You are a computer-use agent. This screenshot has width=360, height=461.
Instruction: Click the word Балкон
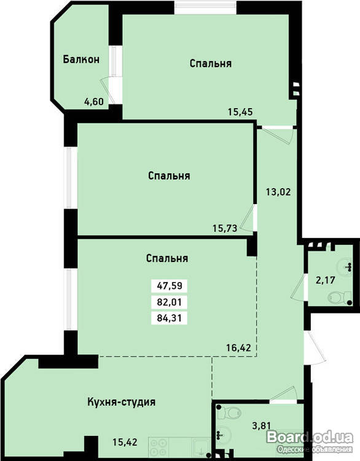pyautogui.click(x=81, y=60)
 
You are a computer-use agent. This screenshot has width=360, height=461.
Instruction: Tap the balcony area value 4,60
pyautogui.click(x=94, y=101)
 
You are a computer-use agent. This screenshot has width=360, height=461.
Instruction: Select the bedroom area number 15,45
pyautogui.click(x=240, y=112)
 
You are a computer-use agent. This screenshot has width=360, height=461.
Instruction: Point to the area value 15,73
pyautogui.click(x=225, y=228)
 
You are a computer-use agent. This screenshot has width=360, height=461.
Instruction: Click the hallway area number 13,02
pyautogui.click(x=278, y=192)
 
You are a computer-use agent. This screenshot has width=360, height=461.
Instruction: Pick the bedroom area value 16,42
pyautogui.click(x=238, y=348)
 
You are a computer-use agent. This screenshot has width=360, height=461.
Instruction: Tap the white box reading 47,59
pyautogui.click(x=170, y=286)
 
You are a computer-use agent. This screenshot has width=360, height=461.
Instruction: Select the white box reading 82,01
pyautogui.click(x=170, y=302)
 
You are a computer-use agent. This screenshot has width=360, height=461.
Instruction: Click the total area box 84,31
pyautogui.click(x=170, y=318)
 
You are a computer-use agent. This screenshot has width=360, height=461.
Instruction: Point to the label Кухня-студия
pyautogui.click(x=122, y=401)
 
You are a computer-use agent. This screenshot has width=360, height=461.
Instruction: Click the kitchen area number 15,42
pyautogui.click(x=125, y=441)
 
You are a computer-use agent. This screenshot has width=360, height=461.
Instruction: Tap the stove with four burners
pyautogui.click(x=158, y=447)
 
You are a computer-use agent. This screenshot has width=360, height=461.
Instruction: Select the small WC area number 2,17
pyautogui.click(x=326, y=280)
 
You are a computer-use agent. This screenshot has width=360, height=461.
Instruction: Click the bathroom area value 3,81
pyautogui.click(x=262, y=425)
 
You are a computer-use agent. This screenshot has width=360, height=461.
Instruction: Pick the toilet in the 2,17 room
pyautogui.click(x=340, y=297)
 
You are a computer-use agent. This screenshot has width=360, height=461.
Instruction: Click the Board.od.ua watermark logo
pyautogui.click(x=310, y=438)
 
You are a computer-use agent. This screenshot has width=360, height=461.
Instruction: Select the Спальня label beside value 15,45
pyautogui.click(x=211, y=63)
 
